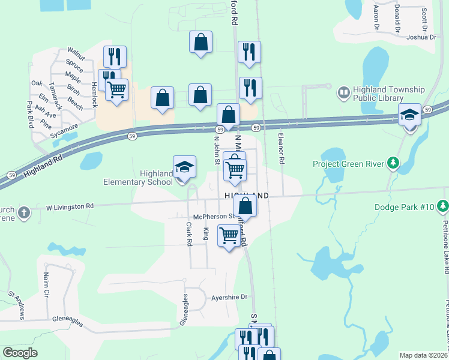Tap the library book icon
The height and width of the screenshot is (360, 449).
pos(343,94)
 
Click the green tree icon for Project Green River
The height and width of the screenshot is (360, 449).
pos(393,163)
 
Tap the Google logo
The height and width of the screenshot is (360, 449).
pos(20,353)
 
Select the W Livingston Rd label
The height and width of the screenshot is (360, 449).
pos(70,206)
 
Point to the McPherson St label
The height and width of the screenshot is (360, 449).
pos(212,217)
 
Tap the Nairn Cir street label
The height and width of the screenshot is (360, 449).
pos(46,285)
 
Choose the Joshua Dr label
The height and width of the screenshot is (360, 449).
pos(420,37)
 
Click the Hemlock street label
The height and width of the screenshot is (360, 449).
pos(94,95)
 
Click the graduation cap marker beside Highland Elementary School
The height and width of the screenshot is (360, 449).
pos(184,168)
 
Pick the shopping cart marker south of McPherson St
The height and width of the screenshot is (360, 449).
pos(229,236)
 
